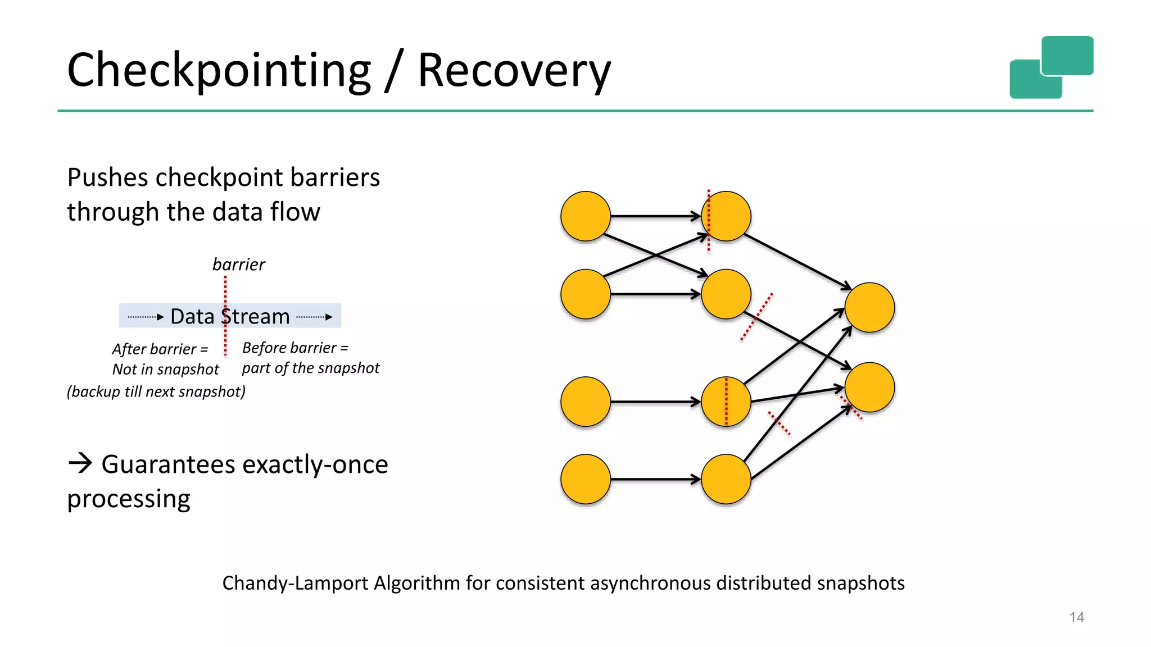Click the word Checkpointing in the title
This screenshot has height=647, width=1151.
tap(219, 71)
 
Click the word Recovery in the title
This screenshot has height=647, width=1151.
tap(514, 71)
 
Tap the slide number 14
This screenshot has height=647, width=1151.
tap(1076, 617)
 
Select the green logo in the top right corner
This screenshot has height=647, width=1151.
tap(1051, 67)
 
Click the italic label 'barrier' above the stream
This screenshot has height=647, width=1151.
tap(238, 265)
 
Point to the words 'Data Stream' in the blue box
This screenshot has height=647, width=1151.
tap(230, 317)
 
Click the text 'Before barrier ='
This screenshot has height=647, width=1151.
tap(295, 348)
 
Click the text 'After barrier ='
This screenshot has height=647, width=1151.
tap(160, 349)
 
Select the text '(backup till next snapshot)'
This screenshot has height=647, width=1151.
tap(156, 391)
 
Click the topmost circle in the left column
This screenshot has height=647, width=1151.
tap(586, 216)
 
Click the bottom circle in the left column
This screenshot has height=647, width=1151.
tap(586, 479)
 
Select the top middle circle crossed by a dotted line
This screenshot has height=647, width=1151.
tap(726, 216)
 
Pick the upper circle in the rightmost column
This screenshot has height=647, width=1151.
tap(869, 307)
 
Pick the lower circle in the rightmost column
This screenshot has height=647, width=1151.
tap(869, 388)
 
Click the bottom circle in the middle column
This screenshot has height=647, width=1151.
tap(726, 479)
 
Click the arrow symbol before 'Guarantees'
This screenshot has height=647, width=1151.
tap(80, 463)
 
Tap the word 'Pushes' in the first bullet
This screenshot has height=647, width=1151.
tap(108, 177)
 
